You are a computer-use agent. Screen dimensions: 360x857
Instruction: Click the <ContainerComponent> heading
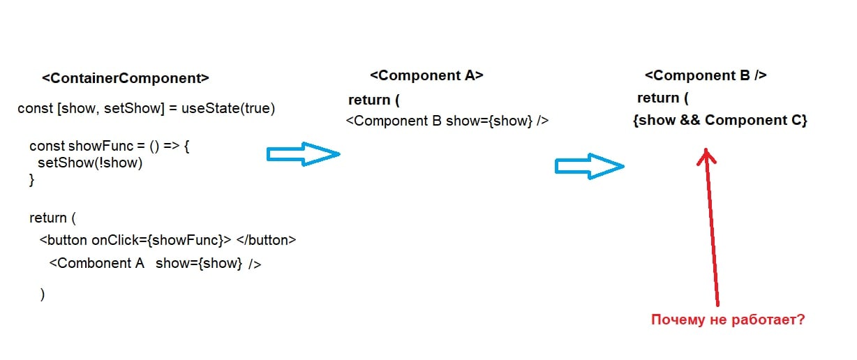coord(126,78)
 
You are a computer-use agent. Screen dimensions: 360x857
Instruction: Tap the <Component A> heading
coord(426,75)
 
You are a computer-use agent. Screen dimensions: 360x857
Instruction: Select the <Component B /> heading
coord(706,75)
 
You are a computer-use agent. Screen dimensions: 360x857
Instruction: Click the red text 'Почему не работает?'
coord(728,320)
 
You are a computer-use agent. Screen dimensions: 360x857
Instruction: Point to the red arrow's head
coord(706,154)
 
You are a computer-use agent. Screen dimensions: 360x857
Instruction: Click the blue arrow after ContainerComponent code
coord(303,154)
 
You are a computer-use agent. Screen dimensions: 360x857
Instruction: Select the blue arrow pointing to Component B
coord(588,166)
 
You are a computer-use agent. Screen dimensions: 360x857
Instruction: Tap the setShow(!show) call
coord(90,163)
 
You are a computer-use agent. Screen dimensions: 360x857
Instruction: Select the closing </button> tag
coord(267,240)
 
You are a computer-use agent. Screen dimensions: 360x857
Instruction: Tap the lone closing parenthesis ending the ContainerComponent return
coord(43,294)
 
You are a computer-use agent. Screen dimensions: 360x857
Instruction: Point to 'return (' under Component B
coord(663,98)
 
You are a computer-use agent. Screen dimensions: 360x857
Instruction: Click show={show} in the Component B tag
coord(489,121)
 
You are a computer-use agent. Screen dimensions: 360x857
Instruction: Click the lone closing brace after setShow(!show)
coord(31,180)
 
